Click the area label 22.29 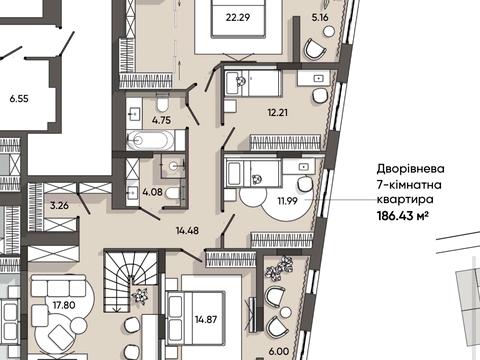[237, 15]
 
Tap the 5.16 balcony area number [320, 17]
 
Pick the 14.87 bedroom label [209, 319]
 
